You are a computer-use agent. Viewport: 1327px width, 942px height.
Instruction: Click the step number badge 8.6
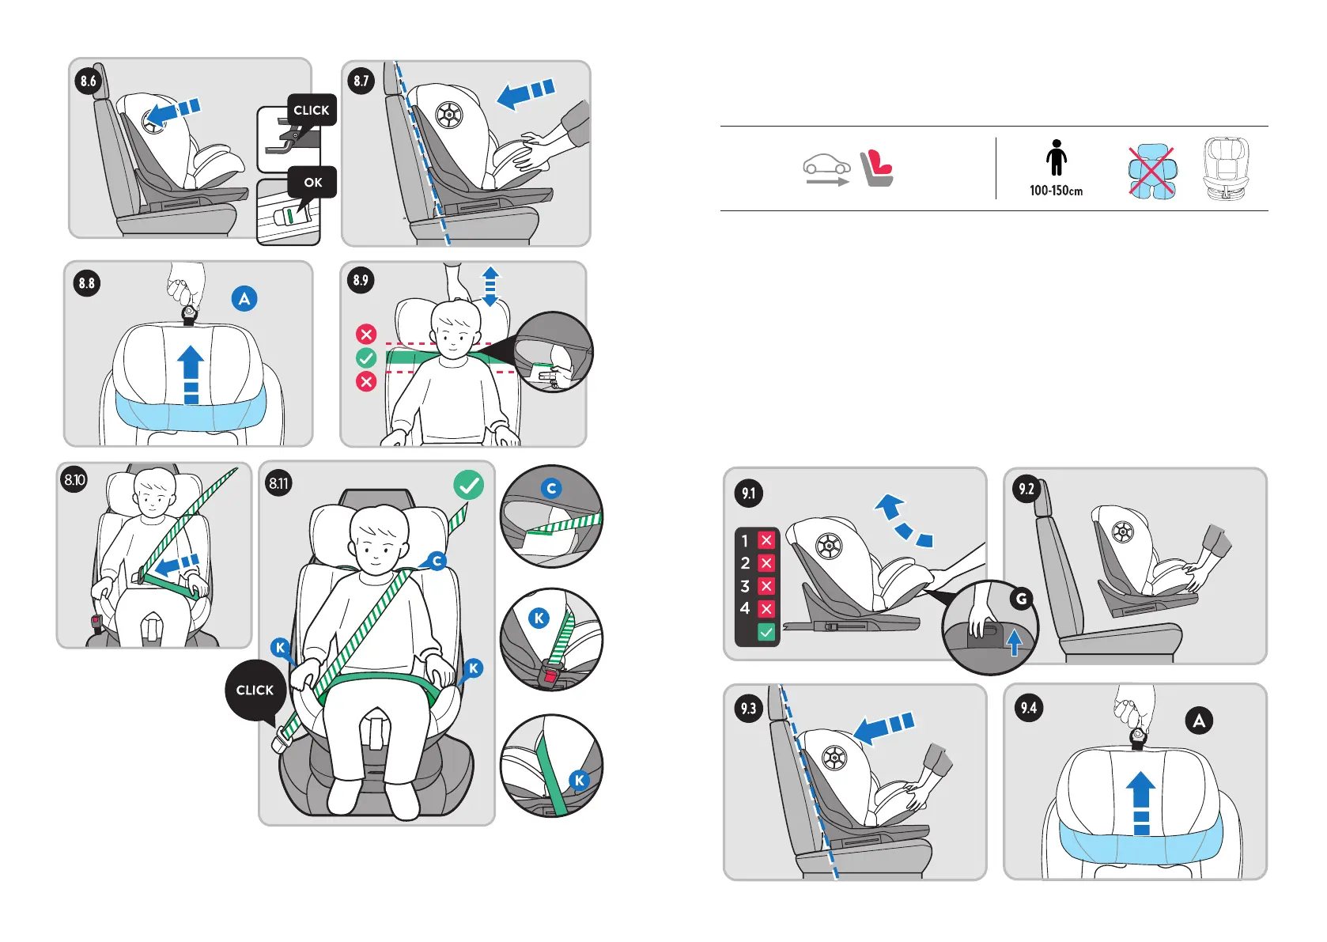point(88,81)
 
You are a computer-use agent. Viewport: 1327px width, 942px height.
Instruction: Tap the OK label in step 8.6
point(313,183)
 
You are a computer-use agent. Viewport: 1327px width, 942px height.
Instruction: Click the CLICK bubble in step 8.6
point(312,111)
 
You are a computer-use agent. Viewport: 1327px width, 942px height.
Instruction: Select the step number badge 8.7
point(361,81)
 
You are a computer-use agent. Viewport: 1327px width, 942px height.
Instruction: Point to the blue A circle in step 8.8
point(244,299)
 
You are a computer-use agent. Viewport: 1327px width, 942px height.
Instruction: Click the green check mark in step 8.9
point(366,358)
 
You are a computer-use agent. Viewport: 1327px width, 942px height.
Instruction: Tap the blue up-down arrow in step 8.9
point(490,286)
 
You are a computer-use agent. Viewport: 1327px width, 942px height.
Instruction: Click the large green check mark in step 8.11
point(469,485)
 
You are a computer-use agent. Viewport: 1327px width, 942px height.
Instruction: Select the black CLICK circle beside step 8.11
point(255,690)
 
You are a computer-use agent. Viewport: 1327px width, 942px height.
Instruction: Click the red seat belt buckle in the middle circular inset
point(550,676)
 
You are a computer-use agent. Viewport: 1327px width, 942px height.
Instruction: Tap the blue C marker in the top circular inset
point(551,489)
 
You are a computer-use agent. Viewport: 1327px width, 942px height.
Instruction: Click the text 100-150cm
point(1056,191)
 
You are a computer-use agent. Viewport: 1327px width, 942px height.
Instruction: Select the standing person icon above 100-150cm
point(1057,158)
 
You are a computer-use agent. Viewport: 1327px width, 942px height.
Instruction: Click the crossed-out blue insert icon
point(1151,172)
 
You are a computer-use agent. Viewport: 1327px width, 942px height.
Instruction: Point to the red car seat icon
point(877,168)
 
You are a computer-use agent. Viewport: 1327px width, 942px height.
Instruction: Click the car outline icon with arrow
point(826,169)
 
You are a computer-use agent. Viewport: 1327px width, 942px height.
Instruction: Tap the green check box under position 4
point(766,632)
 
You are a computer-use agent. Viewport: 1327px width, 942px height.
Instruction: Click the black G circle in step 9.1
point(1022,599)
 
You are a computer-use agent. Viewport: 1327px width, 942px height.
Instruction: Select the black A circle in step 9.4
point(1199,721)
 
